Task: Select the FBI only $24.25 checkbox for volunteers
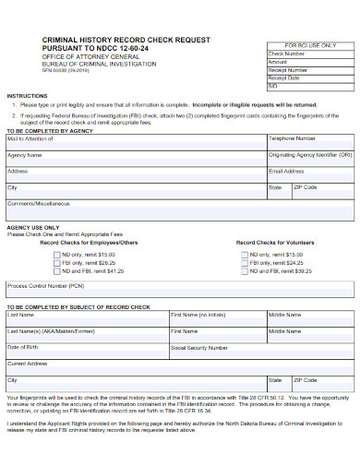[x=244, y=263]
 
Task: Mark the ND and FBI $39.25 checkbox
[x=244, y=271]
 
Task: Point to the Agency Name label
[x=25, y=155]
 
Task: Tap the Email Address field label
[x=286, y=172]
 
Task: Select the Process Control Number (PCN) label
[x=46, y=286]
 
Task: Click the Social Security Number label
[x=199, y=348]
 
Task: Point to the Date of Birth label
[x=23, y=347]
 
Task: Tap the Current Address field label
[x=27, y=364]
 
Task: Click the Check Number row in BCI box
[x=287, y=54]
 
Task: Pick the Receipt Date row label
[x=285, y=78]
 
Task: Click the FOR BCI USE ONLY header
[x=309, y=45]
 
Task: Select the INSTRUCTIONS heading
[x=28, y=96]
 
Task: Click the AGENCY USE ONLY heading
[x=33, y=226]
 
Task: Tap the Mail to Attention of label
[x=31, y=138]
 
